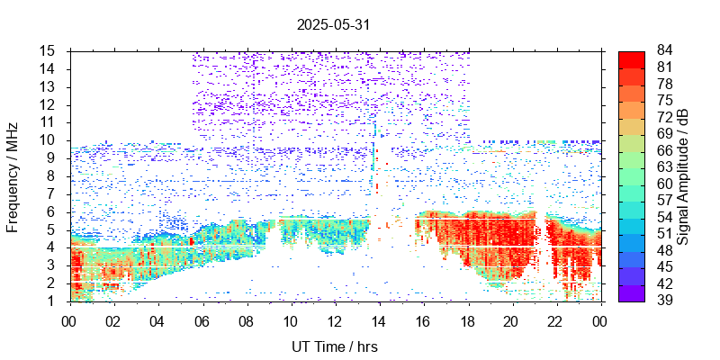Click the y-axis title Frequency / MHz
coord(13,175)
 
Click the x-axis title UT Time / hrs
coord(334,346)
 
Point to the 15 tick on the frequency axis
coord(50,50)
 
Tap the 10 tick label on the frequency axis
coord(50,139)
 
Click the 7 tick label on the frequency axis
coord(54,193)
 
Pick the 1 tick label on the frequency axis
coord(54,301)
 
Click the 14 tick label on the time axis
coord(379,321)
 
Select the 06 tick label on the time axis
coord(202,321)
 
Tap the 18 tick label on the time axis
coord(467,321)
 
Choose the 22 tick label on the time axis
coord(556,321)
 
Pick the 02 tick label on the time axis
coord(113,321)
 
